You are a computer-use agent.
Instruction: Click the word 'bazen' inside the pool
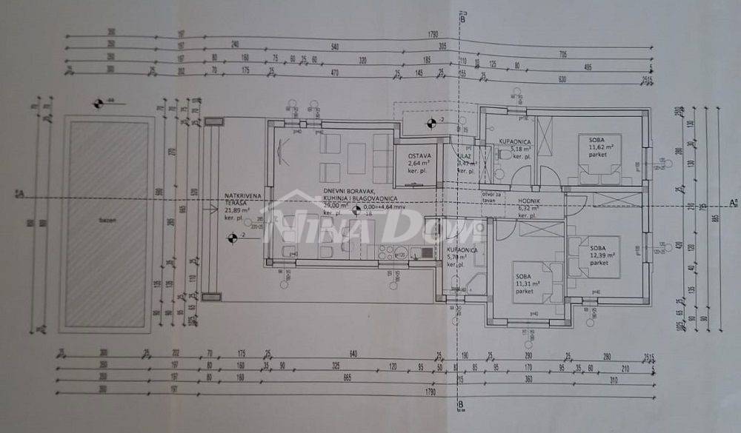click(109, 221)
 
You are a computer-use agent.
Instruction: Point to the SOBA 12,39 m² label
click(599, 254)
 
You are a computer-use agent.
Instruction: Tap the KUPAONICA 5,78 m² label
click(462, 255)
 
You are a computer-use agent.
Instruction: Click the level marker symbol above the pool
click(98, 102)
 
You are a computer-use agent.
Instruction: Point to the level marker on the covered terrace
click(231, 237)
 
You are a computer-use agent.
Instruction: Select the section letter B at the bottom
click(461, 404)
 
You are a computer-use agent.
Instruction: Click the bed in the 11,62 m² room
click(600, 170)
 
